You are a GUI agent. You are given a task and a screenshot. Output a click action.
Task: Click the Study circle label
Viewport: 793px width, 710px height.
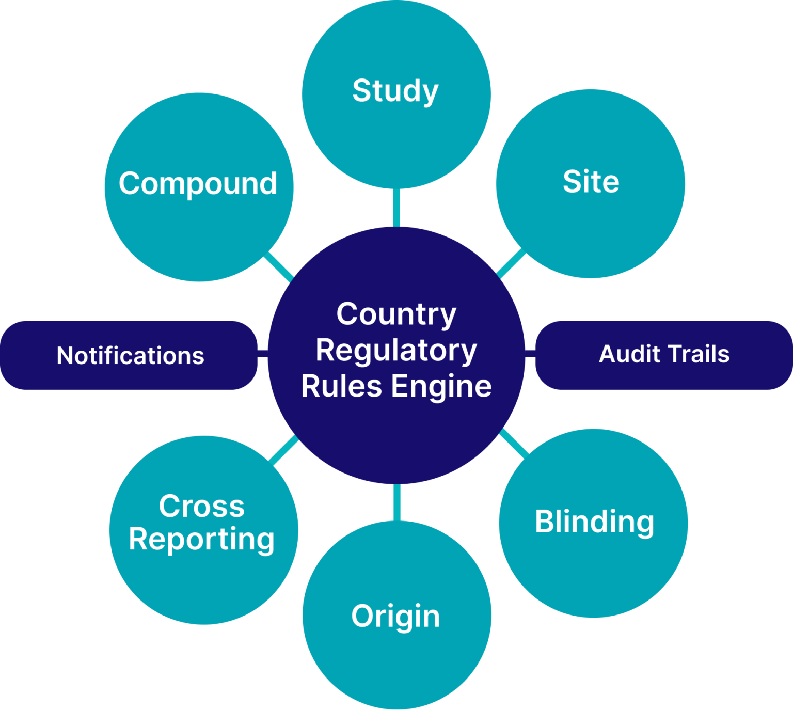click(395, 91)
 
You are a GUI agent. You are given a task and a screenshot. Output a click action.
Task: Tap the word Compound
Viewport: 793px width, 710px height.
click(198, 184)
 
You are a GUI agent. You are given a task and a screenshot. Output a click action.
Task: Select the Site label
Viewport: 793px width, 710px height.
click(591, 182)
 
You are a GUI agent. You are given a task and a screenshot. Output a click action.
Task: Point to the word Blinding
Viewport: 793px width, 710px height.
click(594, 522)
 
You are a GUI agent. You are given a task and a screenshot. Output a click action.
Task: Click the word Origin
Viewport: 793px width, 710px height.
click(395, 617)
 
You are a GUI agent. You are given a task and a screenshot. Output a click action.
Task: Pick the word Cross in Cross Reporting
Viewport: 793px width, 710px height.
click(201, 506)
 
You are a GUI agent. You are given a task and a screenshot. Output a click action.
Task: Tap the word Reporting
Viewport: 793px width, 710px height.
click(201, 540)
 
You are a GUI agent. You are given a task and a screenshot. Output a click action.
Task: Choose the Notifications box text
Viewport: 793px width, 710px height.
click(130, 356)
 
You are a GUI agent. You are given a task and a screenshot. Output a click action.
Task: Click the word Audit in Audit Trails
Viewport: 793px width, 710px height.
click(629, 354)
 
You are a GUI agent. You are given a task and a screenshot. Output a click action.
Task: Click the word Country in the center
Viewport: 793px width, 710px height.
click(396, 314)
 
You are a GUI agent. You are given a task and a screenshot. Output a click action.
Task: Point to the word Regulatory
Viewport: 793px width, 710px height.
click(396, 351)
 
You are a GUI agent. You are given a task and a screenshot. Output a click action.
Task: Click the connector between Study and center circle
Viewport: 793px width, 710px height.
click(396, 208)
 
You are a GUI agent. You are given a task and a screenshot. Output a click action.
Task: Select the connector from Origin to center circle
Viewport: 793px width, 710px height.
click(396, 502)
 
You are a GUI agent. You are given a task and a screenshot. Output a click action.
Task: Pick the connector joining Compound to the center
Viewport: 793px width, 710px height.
click(279, 267)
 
